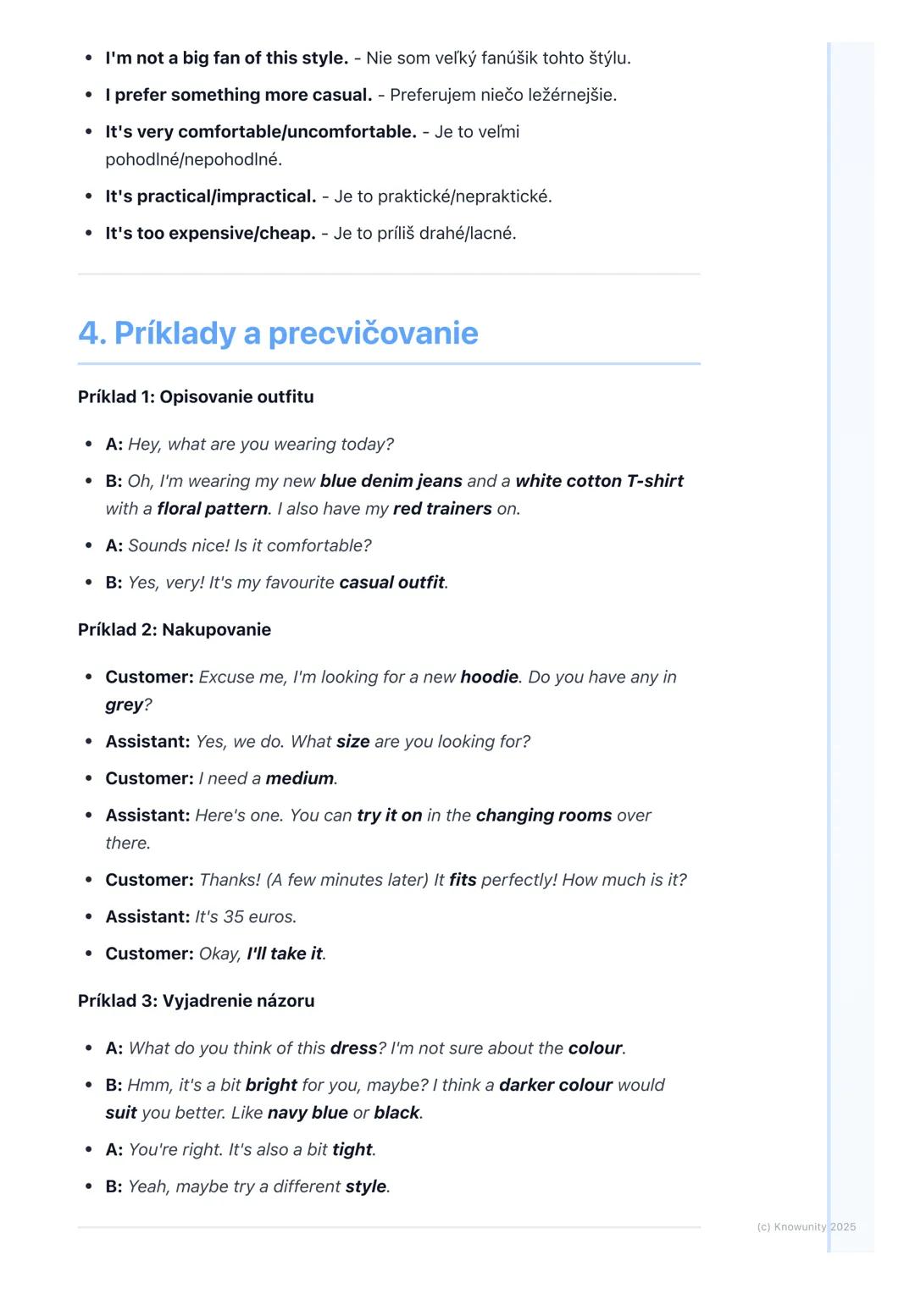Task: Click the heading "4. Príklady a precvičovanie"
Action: click(x=278, y=333)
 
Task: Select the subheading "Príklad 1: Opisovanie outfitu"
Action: click(x=196, y=397)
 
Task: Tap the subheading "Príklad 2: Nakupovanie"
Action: click(x=175, y=630)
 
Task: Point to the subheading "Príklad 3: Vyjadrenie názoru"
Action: click(x=196, y=1001)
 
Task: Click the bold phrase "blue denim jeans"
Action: click(x=391, y=481)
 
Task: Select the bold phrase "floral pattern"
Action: click(x=213, y=509)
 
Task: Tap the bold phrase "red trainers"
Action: click(x=442, y=509)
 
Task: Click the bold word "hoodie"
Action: click(x=489, y=677)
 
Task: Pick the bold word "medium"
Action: click(x=300, y=778)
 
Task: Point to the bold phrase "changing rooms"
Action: click(x=543, y=816)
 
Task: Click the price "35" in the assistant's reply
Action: click(x=233, y=917)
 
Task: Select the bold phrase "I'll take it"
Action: click(x=285, y=954)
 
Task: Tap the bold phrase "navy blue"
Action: click(x=308, y=1113)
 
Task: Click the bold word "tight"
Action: click(x=352, y=1150)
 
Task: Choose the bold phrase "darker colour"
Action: click(x=555, y=1085)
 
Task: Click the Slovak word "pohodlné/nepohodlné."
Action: click(x=193, y=159)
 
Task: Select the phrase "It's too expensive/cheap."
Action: click(x=210, y=234)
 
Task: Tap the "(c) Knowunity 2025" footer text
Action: click(x=806, y=1227)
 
